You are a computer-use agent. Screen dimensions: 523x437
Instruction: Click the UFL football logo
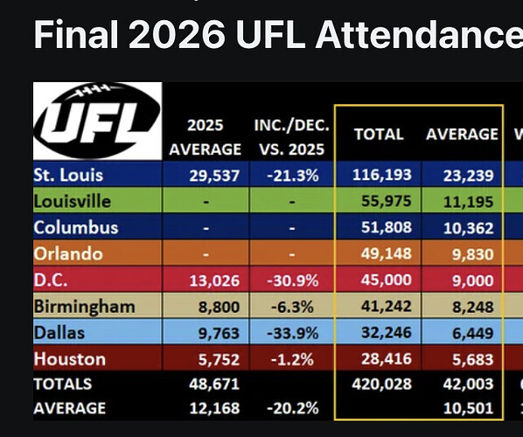click(x=97, y=121)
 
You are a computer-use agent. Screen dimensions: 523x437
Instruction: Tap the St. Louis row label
click(x=68, y=175)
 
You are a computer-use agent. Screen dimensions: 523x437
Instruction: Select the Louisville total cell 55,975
click(x=387, y=201)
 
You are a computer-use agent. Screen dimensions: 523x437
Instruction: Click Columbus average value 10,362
click(x=468, y=228)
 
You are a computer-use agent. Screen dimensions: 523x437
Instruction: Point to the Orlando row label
click(x=68, y=253)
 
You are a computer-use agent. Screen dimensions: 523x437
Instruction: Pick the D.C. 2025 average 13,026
click(x=214, y=281)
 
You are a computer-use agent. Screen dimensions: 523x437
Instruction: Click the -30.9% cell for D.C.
click(x=292, y=281)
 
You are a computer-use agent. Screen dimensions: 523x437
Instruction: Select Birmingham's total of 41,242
click(x=387, y=306)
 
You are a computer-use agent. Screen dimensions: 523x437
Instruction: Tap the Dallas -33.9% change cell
click(x=292, y=333)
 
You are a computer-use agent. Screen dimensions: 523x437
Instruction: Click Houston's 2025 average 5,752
click(x=219, y=359)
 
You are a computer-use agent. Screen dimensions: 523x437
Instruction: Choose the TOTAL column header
click(x=379, y=135)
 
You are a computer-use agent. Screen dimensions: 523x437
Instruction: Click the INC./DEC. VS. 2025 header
click(x=292, y=137)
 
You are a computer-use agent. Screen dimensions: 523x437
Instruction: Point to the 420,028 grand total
click(x=382, y=384)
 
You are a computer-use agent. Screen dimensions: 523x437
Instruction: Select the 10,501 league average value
click(x=468, y=408)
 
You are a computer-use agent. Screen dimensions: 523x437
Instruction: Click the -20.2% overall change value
click(x=292, y=408)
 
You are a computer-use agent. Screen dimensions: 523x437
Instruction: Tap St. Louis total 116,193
click(x=382, y=175)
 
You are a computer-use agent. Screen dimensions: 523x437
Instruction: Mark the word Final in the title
click(x=76, y=34)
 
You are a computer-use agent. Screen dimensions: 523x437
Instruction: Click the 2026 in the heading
click(x=177, y=35)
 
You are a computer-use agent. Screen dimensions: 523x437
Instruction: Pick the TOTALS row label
click(x=63, y=384)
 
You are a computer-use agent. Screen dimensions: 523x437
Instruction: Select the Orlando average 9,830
click(x=472, y=254)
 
